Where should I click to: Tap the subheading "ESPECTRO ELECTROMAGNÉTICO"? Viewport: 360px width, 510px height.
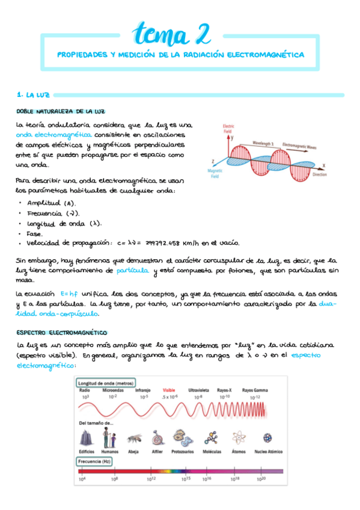click(x=62, y=332)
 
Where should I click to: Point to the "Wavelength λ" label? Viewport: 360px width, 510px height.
click(x=262, y=144)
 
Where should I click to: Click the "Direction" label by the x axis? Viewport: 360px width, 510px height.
click(x=320, y=174)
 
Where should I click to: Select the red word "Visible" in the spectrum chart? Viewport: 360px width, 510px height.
click(x=169, y=390)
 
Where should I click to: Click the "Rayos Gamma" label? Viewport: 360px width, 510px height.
click(x=255, y=390)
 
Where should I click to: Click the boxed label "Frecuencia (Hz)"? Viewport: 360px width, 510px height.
click(x=96, y=461)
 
